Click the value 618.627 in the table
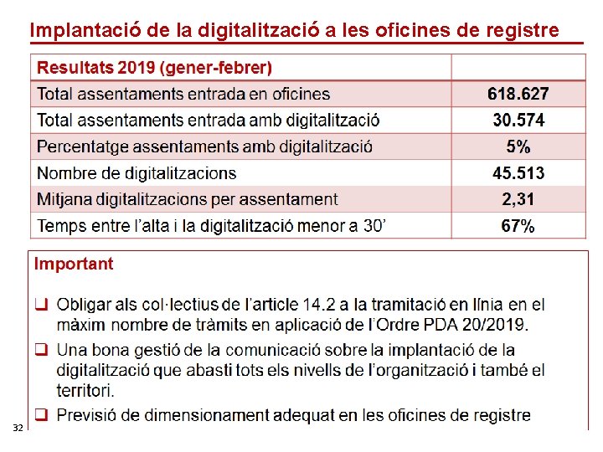click(518, 94)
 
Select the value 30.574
click(518, 121)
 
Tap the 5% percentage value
click(518, 146)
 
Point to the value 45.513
click(518, 173)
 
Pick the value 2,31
click(518, 199)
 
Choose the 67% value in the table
click(518, 226)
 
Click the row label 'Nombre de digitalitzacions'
click(137, 173)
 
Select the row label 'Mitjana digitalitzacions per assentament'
click(187, 199)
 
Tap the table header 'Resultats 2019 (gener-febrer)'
click(154, 68)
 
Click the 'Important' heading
click(74, 265)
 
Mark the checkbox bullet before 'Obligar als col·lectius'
click(40, 305)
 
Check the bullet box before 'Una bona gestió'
click(40, 349)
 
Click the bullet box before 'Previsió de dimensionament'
click(40, 414)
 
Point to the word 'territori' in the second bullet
click(85, 390)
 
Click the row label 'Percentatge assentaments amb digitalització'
click(204, 146)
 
